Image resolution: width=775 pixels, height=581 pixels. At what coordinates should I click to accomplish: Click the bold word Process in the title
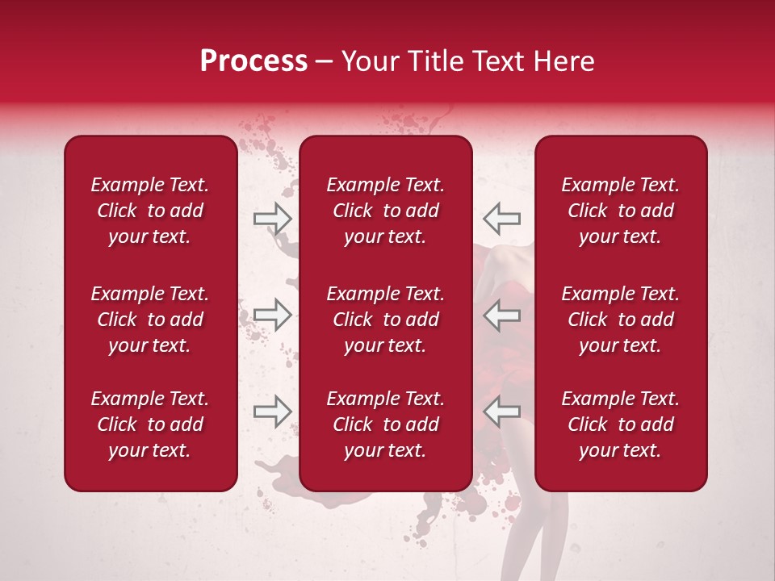coord(253,61)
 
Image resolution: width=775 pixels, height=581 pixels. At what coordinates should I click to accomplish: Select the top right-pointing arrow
coord(272,218)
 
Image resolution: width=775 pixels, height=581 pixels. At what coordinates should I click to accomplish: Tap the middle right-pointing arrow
coord(272,315)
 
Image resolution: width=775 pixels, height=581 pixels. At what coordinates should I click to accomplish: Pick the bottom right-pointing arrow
coord(272,412)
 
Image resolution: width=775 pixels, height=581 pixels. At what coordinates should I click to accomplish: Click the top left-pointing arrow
coord(501,218)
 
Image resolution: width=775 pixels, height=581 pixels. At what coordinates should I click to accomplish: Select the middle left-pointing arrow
coord(501,315)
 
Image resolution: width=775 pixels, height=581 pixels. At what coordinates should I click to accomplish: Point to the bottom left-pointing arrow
coord(501,412)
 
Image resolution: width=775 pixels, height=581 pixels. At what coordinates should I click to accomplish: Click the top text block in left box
coord(150,211)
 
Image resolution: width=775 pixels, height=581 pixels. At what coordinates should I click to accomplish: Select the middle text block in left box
coord(150,320)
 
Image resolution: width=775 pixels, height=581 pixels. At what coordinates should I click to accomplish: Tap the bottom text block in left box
coord(150,424)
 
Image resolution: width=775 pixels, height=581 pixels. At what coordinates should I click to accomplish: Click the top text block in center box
coord(385,211)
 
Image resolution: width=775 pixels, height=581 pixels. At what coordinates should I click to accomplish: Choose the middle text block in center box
coord(385,320)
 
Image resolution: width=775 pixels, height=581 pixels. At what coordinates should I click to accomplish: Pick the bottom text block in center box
coord(385,424)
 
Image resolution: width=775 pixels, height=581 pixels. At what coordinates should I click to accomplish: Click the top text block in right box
coord(620,211)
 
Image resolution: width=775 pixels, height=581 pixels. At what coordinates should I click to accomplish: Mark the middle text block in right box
coord(620,320)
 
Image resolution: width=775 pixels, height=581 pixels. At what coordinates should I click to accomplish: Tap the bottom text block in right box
coord(620,424)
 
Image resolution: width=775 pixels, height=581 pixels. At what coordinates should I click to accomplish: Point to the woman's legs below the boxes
coord(533,533)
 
